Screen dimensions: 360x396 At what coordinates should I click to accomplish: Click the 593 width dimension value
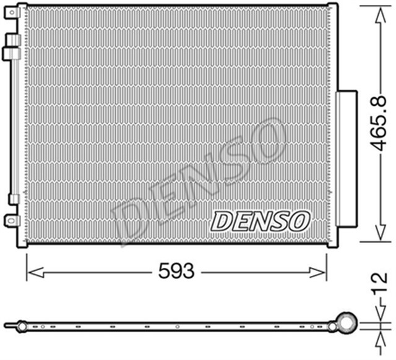point(176,270)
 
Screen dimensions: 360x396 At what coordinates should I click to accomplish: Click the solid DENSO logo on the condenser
point(260,220)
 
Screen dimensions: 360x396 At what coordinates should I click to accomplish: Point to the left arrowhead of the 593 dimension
point(31,270)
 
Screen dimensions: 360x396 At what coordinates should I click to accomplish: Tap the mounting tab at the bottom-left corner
point(11,220)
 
